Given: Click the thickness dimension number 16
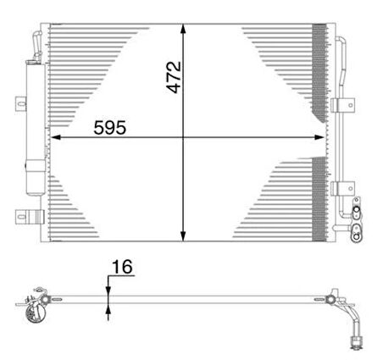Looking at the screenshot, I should (x=121, y=268).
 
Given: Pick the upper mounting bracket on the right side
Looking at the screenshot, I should (x=342, y=105).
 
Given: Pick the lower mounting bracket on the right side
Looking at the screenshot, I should (x=342, y=187).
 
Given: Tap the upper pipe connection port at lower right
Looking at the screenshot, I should (x=357, y=208).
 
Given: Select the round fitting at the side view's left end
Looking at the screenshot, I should (x=36, y=308).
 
